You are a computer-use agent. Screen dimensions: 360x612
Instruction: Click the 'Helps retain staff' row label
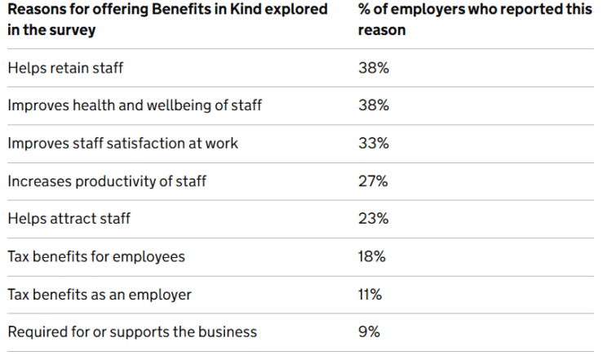65,68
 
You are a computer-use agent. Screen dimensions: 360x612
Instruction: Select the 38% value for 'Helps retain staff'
374,68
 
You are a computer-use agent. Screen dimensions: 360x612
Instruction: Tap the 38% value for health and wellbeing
374,105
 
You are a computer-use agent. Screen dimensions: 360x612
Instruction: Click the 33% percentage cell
374,143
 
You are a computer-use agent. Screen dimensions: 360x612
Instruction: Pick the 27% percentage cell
374,181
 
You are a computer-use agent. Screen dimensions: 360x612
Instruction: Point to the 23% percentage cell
374,219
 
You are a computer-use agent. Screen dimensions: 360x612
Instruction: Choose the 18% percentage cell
374,256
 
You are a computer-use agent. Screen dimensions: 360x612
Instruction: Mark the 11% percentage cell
370,294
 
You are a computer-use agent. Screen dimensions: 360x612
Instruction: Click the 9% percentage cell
369,331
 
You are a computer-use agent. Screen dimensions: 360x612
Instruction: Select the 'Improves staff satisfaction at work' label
123,143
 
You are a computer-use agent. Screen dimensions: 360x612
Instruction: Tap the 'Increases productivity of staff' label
107,181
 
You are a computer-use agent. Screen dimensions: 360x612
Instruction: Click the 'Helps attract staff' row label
69,219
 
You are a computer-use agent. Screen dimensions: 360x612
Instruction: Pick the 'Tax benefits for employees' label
96,256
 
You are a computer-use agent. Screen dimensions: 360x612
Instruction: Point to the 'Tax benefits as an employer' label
100,294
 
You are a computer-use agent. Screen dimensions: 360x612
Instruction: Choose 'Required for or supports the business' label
132,331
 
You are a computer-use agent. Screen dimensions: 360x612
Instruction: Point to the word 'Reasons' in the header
37,10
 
